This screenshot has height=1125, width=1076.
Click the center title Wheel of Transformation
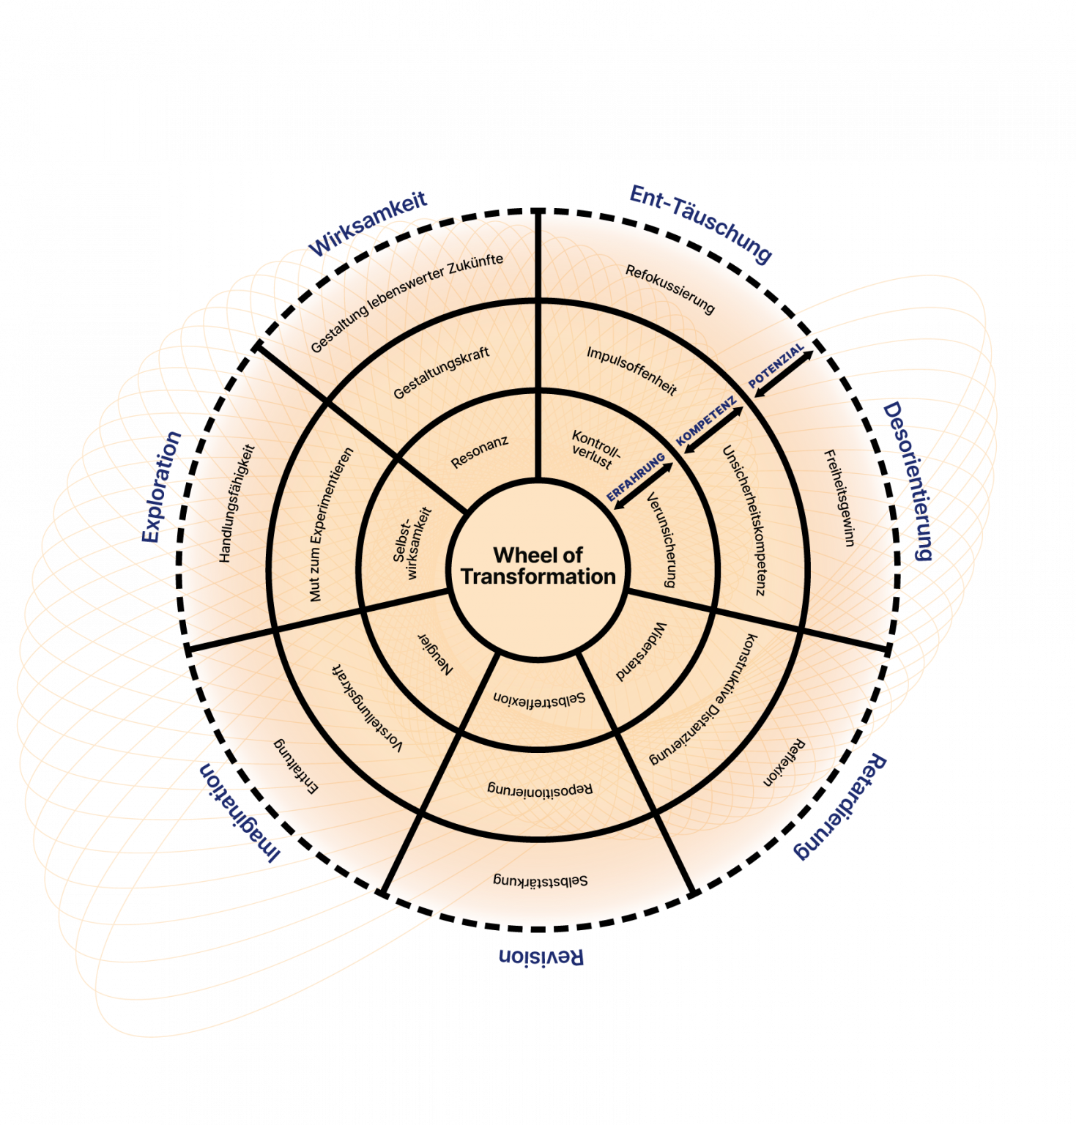click(x=538, y=566)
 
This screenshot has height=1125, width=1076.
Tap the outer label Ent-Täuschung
click(x=700, y=223)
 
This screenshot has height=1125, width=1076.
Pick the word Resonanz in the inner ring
click(x=480, y=452)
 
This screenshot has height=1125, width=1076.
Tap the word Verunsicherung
click(x=661, y=540)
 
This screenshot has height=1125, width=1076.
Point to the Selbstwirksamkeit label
click(x=412, y=544)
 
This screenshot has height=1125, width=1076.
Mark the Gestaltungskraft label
click(x=441, y=374)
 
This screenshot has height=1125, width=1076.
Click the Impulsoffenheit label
click(x=631, y=371)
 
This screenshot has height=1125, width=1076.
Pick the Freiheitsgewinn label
click(x=839, y=499)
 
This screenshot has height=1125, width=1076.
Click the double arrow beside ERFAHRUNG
click(x=643, y=486)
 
